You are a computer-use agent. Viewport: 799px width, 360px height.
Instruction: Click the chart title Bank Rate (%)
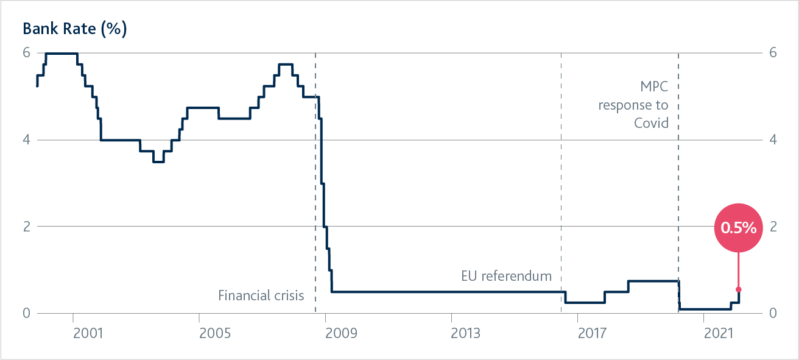[74, 29]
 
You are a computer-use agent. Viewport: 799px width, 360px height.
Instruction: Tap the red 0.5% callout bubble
[738, 228]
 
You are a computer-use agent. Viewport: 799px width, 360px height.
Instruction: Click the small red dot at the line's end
[738, 289]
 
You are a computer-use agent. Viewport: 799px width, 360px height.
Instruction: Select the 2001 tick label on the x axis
[87, 334]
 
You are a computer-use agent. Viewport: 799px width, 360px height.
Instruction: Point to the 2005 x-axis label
[214, 334]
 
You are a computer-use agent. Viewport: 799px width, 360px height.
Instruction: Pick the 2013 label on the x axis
[466, 334]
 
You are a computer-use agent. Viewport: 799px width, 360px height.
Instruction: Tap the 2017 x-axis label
[592, 334]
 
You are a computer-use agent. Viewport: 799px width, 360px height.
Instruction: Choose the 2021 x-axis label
[718, 334]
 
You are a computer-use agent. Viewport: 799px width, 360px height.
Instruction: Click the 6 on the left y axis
[26, 53]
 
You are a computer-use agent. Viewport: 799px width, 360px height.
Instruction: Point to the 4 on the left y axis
[26, 140]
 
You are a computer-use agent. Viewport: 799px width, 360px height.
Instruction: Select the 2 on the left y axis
[26, 227]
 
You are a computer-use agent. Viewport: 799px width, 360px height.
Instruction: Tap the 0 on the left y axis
[26, 313]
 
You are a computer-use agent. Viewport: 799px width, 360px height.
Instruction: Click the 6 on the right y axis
[773, 53]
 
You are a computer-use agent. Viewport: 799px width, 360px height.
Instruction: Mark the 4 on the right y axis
[773, 140]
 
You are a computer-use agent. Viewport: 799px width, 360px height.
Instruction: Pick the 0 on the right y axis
[773, 313]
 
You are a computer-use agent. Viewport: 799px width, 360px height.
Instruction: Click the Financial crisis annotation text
[261, 296]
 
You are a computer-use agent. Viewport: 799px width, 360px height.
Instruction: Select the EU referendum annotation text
[507, 276]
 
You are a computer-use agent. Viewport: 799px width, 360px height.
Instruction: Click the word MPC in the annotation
[654, 86]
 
